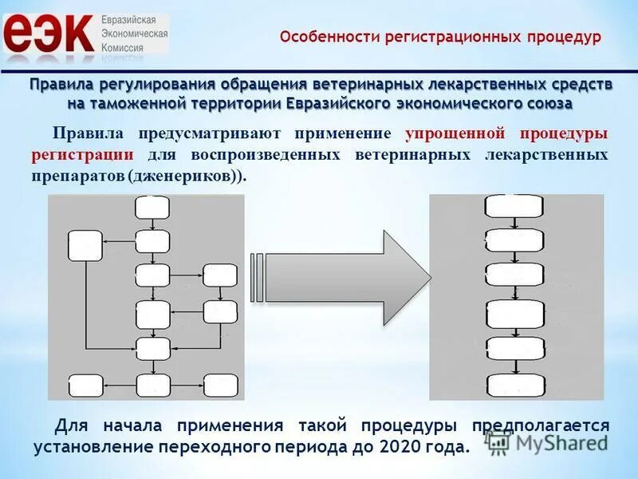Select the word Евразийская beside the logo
135,18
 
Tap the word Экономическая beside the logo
135,34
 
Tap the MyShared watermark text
558,441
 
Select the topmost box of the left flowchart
152,208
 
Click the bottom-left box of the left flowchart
85,386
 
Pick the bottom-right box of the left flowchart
220,386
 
